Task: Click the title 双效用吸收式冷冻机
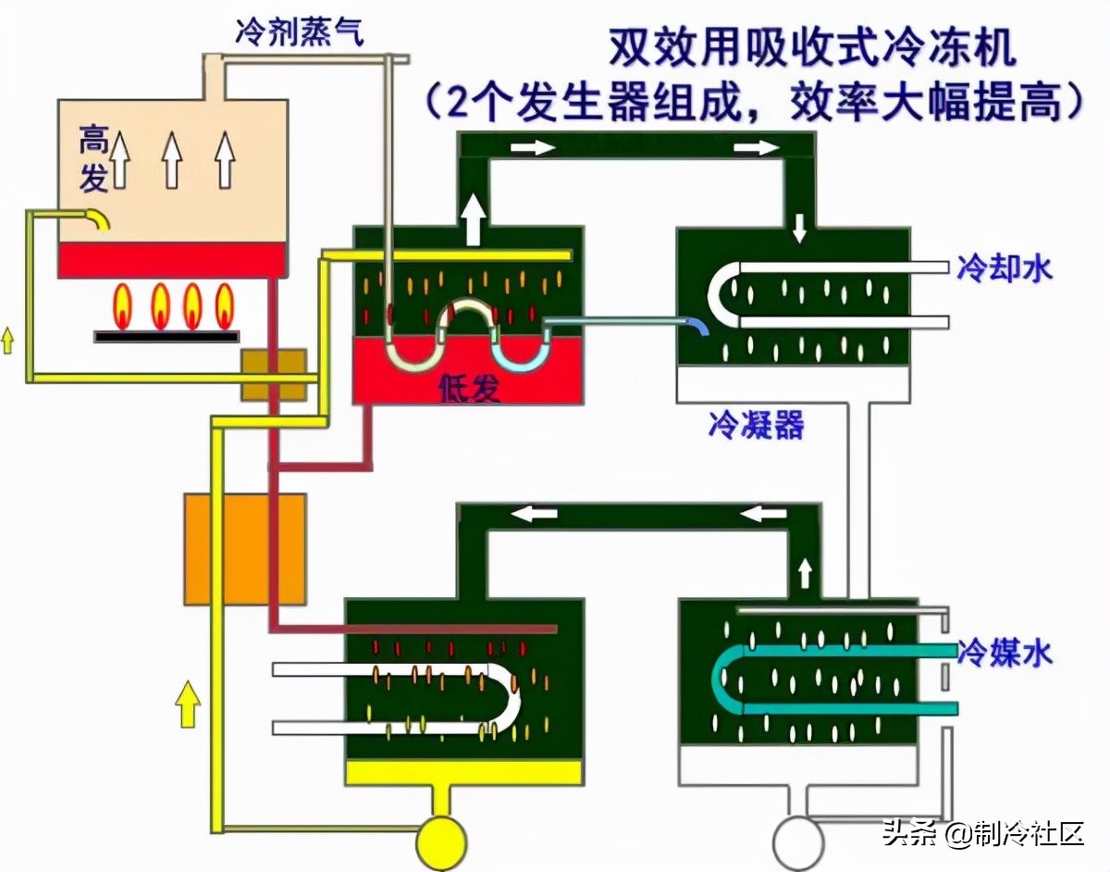812,48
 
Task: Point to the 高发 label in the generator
93,159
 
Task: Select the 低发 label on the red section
470,389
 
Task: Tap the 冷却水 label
1006,268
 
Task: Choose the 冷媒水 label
1006,653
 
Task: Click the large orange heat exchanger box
244,548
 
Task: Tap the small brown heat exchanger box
274,375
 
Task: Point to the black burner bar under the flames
163,336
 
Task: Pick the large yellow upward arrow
188,704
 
